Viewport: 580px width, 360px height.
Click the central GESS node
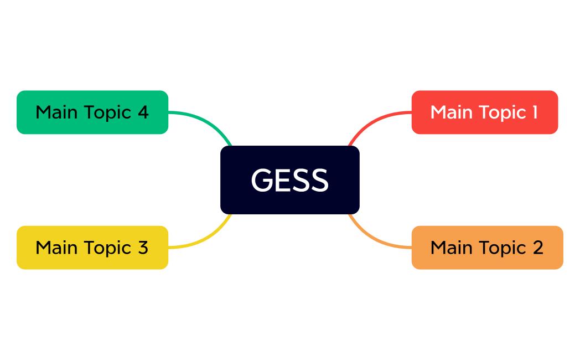point(290,180)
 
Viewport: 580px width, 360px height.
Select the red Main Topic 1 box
point(484,112)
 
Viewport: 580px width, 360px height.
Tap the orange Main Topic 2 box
point(487,248)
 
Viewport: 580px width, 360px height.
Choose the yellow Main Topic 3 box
point(92,248)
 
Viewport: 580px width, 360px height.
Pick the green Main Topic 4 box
point(92,112)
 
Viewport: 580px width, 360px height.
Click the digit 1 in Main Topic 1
point(535,112)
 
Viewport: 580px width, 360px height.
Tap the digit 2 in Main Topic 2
point(538,248)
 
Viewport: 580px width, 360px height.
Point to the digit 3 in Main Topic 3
point(143,248)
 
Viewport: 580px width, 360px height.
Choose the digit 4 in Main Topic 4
point(143,112)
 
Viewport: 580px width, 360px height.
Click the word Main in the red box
point(450,112)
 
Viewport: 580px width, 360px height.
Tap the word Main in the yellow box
point(56,248)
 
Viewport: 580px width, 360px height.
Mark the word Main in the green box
point(56,112)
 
